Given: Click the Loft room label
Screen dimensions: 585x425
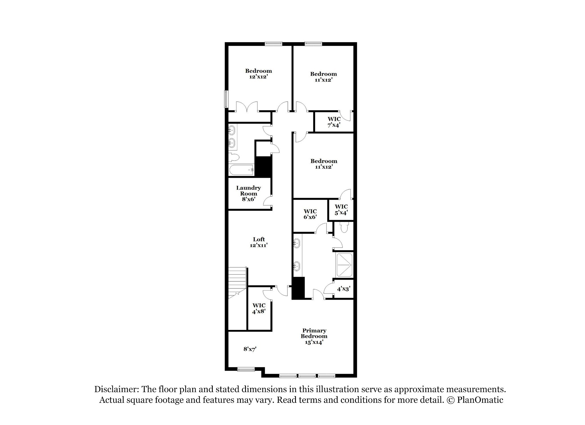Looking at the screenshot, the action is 259,242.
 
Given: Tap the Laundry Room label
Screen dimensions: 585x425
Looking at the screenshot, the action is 249,193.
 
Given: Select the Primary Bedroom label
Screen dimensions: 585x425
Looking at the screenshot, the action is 314,336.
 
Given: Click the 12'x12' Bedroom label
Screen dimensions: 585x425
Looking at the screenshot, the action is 259,74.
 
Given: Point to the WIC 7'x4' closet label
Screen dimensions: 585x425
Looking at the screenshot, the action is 334,122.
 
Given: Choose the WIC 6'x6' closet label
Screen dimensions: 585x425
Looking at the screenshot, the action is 310,214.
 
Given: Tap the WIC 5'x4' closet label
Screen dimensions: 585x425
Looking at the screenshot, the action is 341,210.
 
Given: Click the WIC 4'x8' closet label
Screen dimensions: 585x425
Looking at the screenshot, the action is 259,309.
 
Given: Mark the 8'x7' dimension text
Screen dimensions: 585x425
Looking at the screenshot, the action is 250,349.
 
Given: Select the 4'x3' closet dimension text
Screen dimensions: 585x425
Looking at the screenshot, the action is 344,289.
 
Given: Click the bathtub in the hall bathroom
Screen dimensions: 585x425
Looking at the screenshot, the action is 242,170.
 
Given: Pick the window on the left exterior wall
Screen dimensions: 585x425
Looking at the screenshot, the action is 226,99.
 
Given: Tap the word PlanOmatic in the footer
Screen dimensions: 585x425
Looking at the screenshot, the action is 480,400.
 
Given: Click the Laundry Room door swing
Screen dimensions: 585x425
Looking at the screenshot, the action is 268,200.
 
